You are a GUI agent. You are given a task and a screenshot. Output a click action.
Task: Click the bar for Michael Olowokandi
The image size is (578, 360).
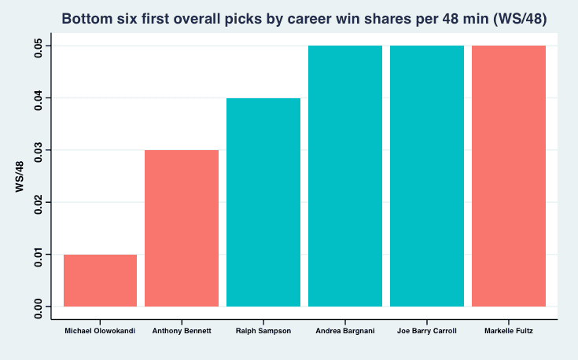click(x=101, y=281)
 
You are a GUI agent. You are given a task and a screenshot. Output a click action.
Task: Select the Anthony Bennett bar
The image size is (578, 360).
click(x=182, y=228)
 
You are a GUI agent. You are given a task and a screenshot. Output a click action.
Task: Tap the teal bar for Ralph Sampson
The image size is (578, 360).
click(x=263, y=202)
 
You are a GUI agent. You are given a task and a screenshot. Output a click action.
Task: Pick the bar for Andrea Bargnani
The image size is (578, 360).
click(x=345, y=176)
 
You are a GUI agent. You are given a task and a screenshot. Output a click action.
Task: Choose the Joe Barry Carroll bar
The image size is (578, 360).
click(x=427, y=176)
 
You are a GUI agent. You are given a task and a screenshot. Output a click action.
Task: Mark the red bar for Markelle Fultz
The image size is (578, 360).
click(x=509, y=176)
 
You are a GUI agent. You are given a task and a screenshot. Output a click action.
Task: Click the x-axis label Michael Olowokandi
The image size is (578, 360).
click(x=100, y=331)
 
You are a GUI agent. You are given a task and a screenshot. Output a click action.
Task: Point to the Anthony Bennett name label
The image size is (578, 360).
click(x=182, y=331)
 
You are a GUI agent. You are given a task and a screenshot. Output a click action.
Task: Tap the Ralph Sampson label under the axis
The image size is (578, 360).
click(x=263, y=331)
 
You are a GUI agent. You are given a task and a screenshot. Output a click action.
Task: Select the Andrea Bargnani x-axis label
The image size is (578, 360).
click(x=345, y=331)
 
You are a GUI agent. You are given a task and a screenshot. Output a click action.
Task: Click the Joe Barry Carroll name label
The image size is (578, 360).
click(x=427, y=331)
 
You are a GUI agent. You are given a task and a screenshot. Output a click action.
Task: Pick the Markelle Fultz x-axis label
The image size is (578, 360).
click(x=509, y=331)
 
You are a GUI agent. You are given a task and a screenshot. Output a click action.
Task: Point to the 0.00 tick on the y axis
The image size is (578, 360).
click(x=39, y=307)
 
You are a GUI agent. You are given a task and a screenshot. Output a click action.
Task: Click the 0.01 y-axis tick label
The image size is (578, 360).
click(x=39, y=255)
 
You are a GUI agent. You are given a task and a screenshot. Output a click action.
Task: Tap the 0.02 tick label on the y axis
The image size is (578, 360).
click(x=39, y=202)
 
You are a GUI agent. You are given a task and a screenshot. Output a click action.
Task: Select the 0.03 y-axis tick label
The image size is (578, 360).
click(x=39, y=150)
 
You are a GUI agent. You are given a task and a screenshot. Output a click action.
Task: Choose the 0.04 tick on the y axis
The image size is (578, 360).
click(x=39, y=98)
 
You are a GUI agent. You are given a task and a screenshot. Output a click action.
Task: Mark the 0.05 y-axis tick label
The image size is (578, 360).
click(x=39, y=46)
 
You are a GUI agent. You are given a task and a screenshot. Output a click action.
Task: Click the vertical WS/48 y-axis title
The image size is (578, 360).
click(x=20, y=177)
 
